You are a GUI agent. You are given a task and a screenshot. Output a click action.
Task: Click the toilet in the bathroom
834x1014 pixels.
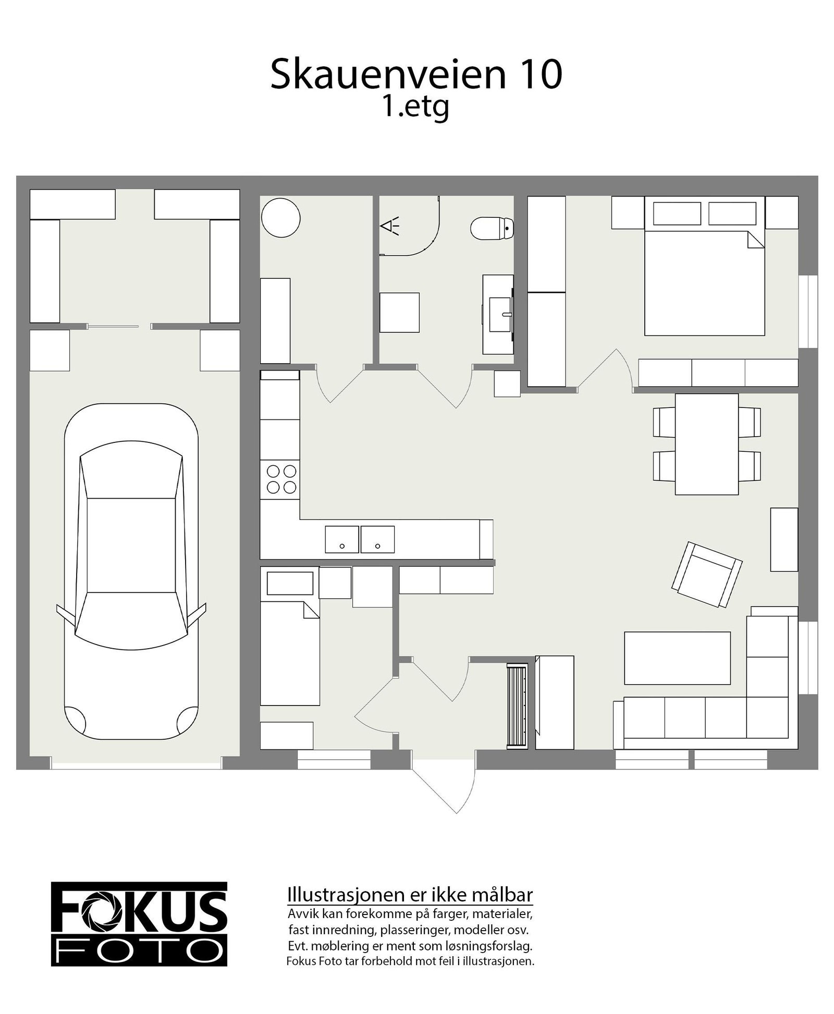(492, 228)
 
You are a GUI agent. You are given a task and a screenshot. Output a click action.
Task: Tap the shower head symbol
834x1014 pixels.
(389, 226)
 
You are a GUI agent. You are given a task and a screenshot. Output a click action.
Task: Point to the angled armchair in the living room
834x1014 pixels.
(707, 574)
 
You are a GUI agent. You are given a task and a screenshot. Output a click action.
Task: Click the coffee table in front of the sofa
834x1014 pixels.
(677, 658)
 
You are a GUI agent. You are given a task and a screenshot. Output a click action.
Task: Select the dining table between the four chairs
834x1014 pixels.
(706, 444)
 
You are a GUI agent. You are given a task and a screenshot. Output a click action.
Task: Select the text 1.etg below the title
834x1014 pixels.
(415, 107)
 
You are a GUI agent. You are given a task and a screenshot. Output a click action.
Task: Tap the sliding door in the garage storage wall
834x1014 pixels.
(113, 327)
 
